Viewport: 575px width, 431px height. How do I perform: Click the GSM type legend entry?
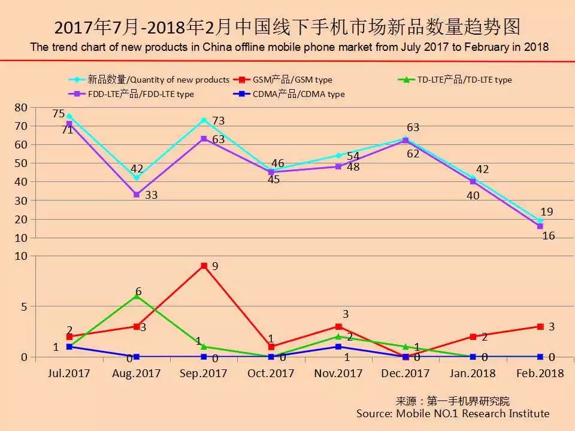pyautogui.click(x=293, y=80)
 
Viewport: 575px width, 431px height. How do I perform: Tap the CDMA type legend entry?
pyautogui.click(x=299, y=94)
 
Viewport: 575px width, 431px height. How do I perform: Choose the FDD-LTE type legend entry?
pyautogui.click(x=141, y=94)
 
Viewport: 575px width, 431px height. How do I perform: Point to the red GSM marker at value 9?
pyautogui.click(x=204, y=266)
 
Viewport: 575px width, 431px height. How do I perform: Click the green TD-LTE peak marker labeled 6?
pyautogui.click(x=137, y=296)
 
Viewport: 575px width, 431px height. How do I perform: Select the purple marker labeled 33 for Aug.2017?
pyautogui.click(x=137, y=195)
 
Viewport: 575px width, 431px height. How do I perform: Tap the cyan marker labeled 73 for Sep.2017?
pyautogui.click(x=204, y=120)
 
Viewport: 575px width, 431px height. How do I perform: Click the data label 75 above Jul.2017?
pyautogui.click(x=58, y=114)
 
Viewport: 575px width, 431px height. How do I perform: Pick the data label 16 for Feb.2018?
pyautogui.click(x=548, y=236)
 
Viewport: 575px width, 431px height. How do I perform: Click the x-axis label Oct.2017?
pyautogui.click(x=271, y=373)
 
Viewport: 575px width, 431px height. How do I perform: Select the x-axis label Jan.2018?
pyautogui.click(x=473, y=373)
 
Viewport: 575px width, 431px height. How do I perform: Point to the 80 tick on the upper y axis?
pyautogui.click(x=21, y=107)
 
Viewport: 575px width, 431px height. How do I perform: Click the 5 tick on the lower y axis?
pyautogui.click(x=24, y=306)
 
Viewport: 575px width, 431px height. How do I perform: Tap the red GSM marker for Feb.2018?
pyautogui.click(x=540, y=327)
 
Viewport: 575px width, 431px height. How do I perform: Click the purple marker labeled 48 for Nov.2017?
pyautogui.click(x=338, y=166)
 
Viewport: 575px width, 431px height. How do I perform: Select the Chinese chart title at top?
pyautogui.click(x=287, y=28)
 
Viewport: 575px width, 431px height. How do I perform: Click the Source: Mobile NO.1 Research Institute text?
pyautogui.click(x=452, y=414)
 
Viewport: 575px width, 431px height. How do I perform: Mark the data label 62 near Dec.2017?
pyautogui.click(x=413, y=153)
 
